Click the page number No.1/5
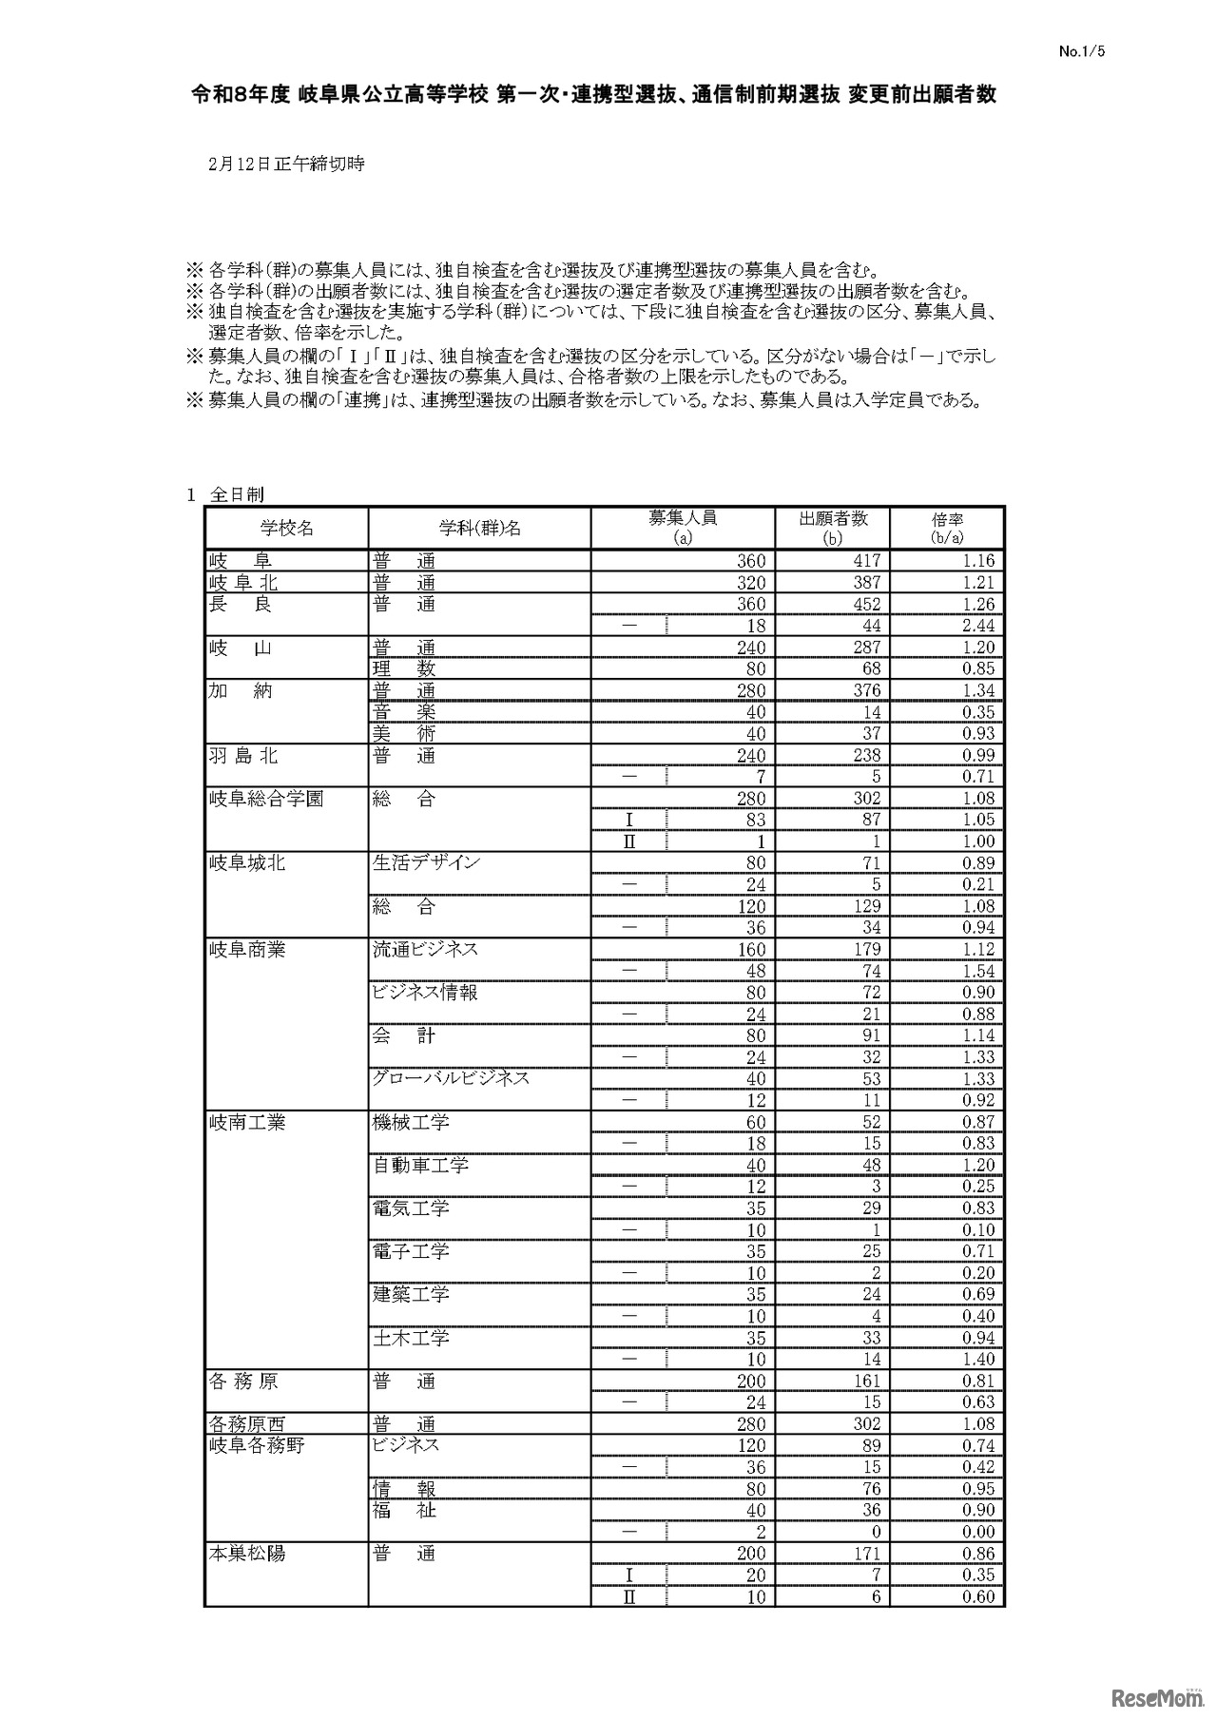pos(1082,52)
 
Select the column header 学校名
pos(286,528)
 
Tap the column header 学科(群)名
pos(479,528)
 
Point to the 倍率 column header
pos(947,528)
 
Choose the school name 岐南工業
pos(247,1122)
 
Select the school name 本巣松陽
pos(247,1554)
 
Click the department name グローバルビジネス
pos(451,1078)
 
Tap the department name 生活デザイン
pos(426,862)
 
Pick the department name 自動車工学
pos(420,1165)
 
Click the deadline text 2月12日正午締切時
pos(286,164)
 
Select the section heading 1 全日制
pos(225,494)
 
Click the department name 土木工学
pos(411,1338)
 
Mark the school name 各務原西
pos(247,1424)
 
